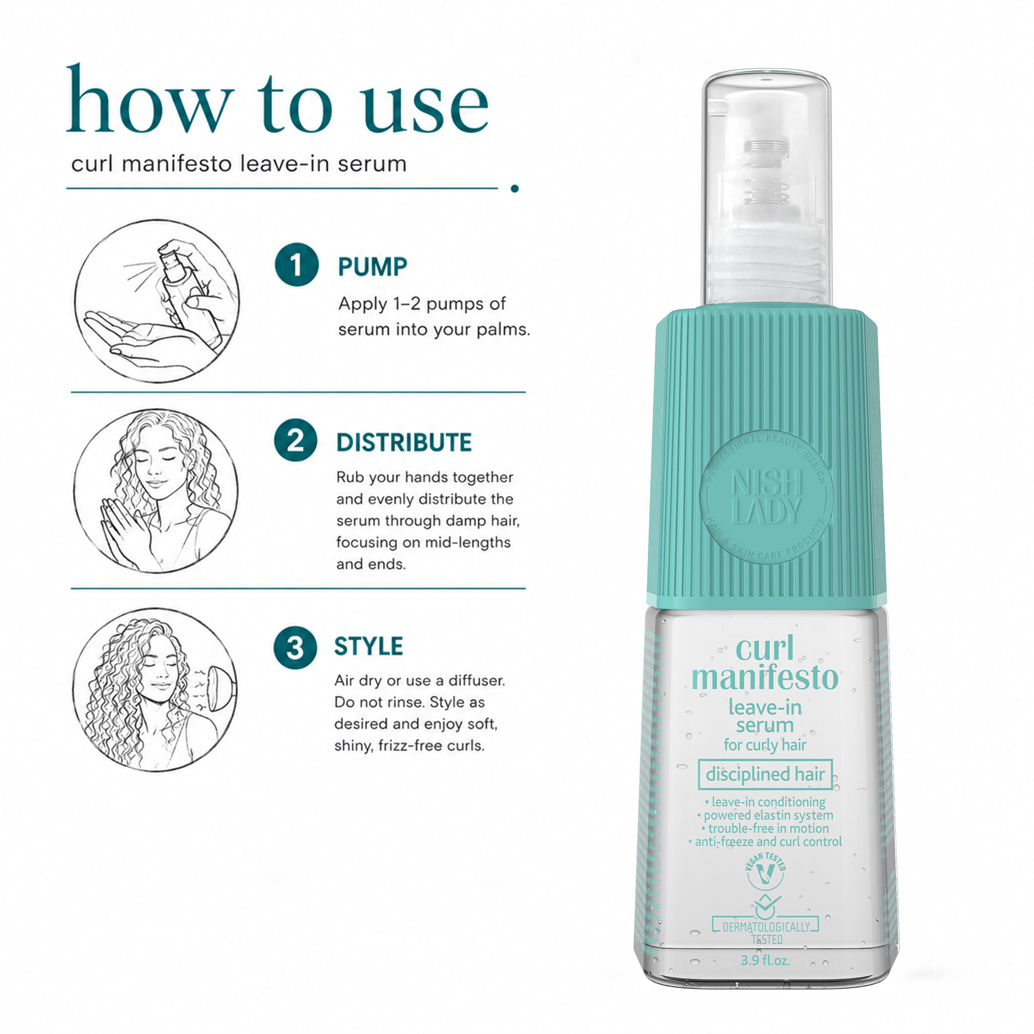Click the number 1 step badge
(x=296, y=264)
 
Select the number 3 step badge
(x=295, y=647)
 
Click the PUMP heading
(x=372, y=267)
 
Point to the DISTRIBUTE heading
(x=404, y=443)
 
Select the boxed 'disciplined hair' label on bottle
(x=765, y=774)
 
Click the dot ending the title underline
(x=514, y=188)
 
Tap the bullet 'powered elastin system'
(x=765, y=815)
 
